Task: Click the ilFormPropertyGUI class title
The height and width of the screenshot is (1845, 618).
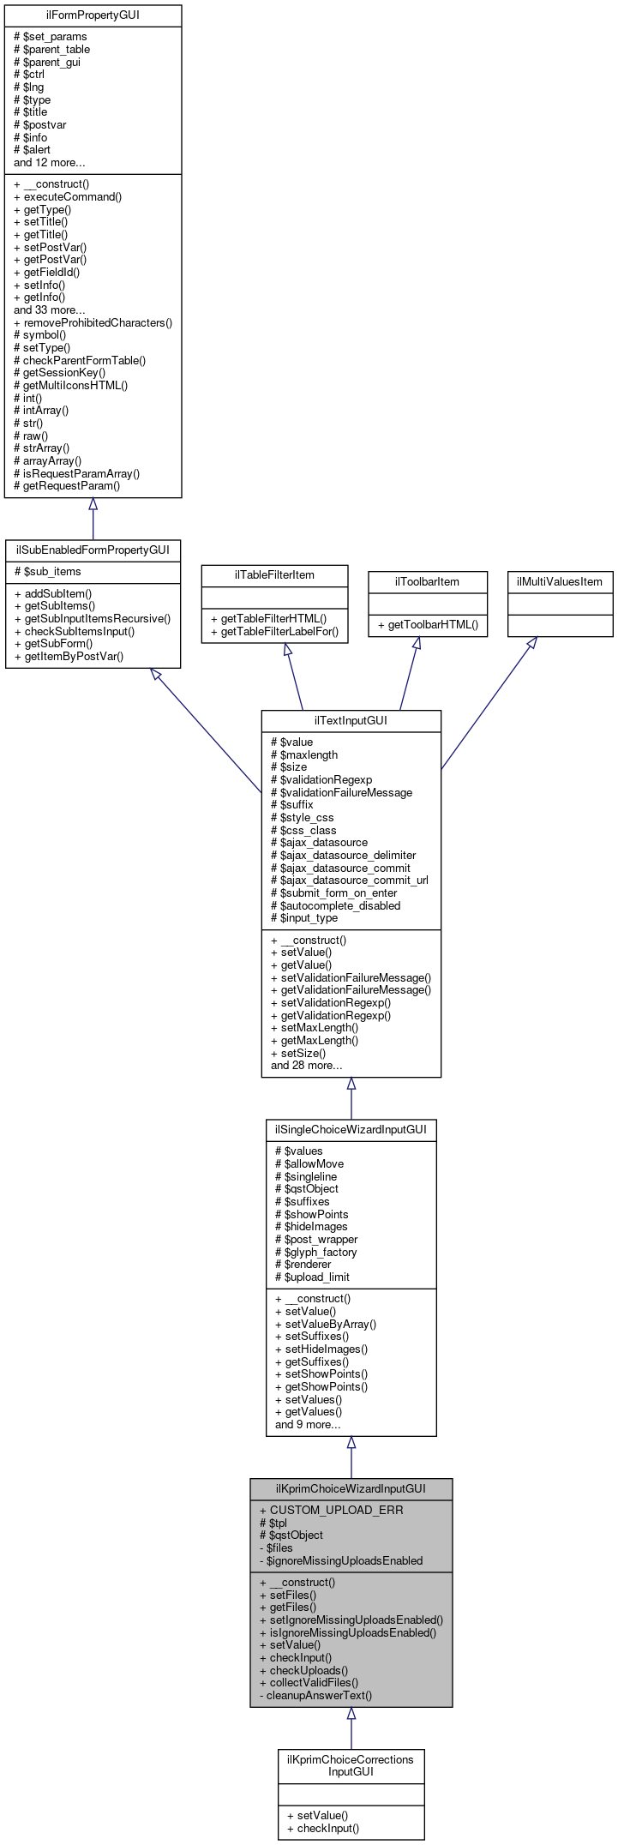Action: tap(93, 15)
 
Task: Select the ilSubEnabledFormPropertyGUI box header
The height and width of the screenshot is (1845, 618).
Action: tap(93, 550)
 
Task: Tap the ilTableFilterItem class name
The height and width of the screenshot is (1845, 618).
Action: tap(274, 574)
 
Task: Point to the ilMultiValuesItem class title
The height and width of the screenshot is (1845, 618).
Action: tap(560, 581)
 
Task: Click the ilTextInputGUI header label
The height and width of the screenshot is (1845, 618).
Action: tap(351, 720)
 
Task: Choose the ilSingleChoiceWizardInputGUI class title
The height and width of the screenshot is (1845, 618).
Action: tap(351, 1129)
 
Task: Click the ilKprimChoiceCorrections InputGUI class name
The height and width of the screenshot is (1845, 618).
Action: tap(351, 1765)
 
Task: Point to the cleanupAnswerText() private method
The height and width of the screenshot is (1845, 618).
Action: tap(315, 1695)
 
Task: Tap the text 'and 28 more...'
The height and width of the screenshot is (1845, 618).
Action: tap(306, 1065)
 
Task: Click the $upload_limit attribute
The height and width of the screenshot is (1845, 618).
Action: tap(312, 1277)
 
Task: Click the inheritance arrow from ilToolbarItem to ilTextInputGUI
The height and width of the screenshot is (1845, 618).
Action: tap(408, 673)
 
